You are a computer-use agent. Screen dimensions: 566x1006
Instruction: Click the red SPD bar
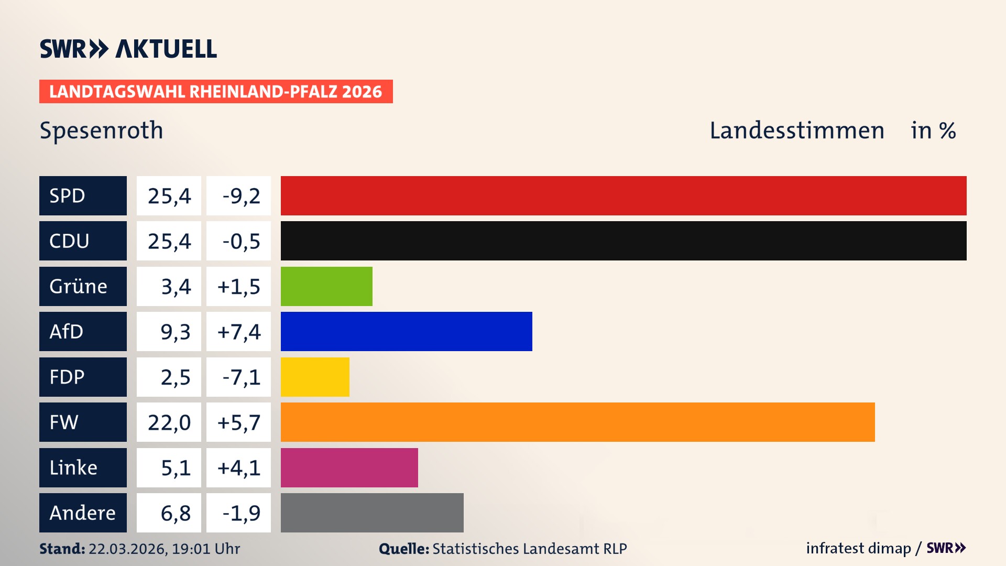pos(624,195)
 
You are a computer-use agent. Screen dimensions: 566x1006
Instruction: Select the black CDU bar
pos(624,241)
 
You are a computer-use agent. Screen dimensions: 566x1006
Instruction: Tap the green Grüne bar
pos(326,286)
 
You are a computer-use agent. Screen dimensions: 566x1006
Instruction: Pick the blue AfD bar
pos(406,332)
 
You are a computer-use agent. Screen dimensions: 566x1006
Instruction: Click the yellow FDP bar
pos(315,377)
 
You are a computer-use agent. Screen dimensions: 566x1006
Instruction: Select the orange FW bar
pos(577,422)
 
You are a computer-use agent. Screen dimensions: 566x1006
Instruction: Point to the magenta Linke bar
pos(349,467)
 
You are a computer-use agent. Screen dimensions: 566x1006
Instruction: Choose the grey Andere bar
pos(372,513)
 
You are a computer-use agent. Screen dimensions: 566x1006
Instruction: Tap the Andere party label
pos(83,513)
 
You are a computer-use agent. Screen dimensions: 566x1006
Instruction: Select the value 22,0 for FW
pos(169,422)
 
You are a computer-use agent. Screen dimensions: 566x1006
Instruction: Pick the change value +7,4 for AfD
pos(239,332)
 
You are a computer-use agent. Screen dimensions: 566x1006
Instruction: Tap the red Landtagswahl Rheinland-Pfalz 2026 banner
pos(216,92)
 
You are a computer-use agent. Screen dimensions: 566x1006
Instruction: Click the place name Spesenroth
pos(102,130)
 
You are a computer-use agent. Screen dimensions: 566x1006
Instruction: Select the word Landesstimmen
pos(796,130)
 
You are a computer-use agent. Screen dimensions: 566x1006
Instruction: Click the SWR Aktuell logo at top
pos(128,49)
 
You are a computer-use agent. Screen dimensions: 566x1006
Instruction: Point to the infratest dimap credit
pos(858,548)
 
